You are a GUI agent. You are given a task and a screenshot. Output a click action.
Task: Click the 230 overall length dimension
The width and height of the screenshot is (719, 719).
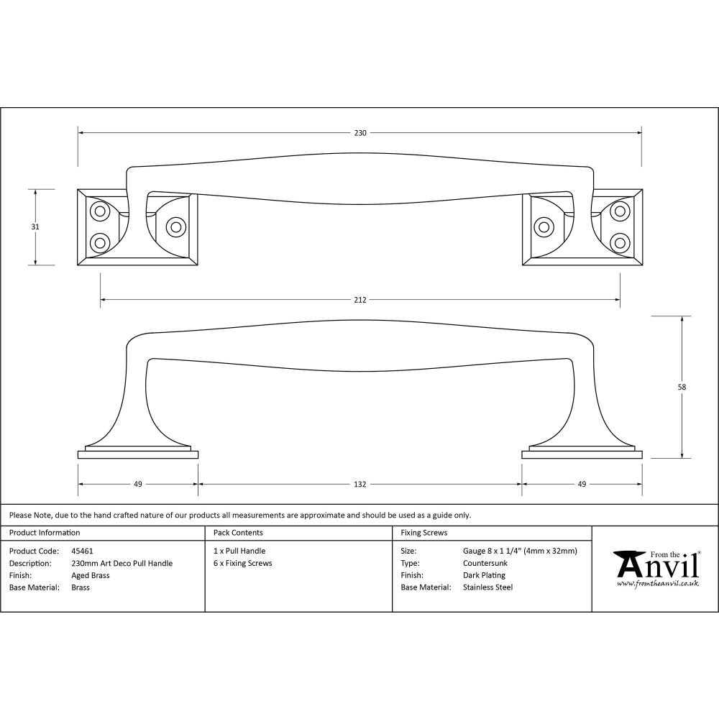(360, 133)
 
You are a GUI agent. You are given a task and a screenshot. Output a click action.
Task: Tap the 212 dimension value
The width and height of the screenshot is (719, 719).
(360, 300)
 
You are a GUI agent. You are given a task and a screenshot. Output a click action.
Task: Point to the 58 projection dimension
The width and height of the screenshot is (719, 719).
(682, 387)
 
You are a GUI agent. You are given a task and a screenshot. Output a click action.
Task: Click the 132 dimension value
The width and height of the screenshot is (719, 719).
(360, 484)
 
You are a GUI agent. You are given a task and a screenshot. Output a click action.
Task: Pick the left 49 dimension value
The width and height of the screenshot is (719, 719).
(137, 484)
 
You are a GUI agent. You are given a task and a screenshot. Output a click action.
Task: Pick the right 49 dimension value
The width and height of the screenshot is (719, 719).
(582, 484)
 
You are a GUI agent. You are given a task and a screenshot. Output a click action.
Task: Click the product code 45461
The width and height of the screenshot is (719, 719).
(83, 551)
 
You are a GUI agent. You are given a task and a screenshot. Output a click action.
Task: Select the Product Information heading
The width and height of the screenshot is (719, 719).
(45, 533)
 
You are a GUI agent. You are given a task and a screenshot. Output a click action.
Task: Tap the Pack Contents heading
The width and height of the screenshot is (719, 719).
(238, 533)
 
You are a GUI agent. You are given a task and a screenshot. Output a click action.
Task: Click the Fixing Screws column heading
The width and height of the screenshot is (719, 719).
(423, 533)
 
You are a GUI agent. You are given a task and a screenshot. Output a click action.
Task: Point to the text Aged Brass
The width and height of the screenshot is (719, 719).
(91, 575)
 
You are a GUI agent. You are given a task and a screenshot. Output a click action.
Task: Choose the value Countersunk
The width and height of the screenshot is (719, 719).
(485, 563)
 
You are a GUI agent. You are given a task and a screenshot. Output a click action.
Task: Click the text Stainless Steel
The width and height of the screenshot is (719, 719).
(488, 587)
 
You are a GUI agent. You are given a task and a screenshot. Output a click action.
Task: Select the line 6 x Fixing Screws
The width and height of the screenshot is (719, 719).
(243, 563)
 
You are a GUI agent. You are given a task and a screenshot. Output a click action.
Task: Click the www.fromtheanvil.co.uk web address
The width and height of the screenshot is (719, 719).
(657, 583)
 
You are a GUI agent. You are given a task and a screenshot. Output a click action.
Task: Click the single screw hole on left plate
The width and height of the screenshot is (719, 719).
(175, 226)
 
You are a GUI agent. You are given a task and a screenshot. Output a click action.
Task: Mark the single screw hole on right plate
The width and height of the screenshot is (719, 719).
(544, 228)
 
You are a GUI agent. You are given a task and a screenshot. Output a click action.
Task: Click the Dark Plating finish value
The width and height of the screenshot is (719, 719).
(484, 575)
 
